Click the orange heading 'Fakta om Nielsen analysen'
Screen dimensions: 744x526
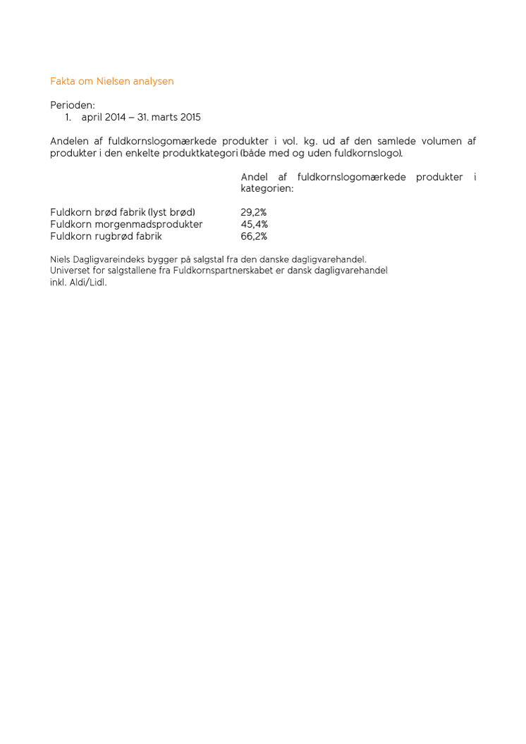pyautogui.click(x=111, y=82)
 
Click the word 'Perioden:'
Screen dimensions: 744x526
pyautogui.click(x=73, y=105)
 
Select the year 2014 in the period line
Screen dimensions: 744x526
pyautogui.click(x=115, y=118)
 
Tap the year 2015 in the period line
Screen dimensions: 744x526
pyautogui.click(x=190, y=118)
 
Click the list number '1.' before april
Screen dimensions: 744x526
pyautogui.click(x=68, y=118)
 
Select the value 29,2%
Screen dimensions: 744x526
pyautogui.click(x=254, y=213)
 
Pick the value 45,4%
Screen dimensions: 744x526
pyautogui.click(x=254, y=225)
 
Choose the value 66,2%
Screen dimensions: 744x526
pyautogui.click(x=254, y=237)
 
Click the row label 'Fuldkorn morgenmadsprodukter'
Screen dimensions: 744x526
pyautogui.click(x=126, y=225)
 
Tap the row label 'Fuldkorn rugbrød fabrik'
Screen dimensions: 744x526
pyautogui.click(x=106, y=237)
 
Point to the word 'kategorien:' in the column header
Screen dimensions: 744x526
pyautogui.click(x=267, y=189)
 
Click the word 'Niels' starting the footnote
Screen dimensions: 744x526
pyautogui.click(x=61, y=259)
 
